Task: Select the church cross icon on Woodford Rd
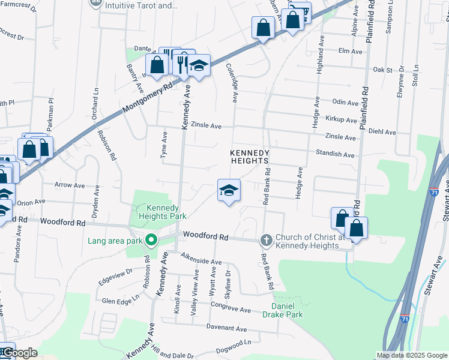tap(266, 241)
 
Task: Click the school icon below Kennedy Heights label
tap(228, 190)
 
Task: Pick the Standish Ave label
tap(335, 154)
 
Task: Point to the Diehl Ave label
tap(382, 132)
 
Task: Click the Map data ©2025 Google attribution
tap(411, 355)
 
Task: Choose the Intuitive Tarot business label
tap(141, 5)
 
